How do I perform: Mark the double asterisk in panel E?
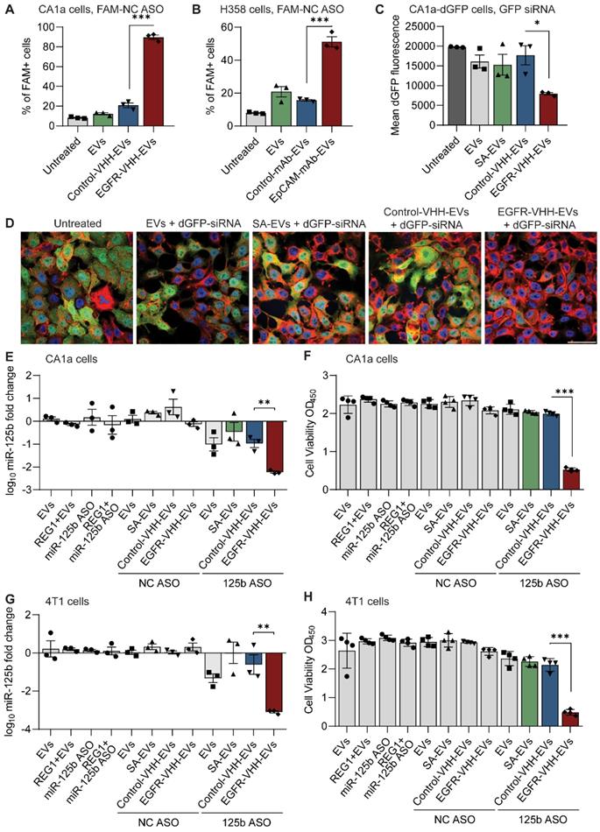tap(265, 383)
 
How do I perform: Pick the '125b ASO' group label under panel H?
tap(540, 821)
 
